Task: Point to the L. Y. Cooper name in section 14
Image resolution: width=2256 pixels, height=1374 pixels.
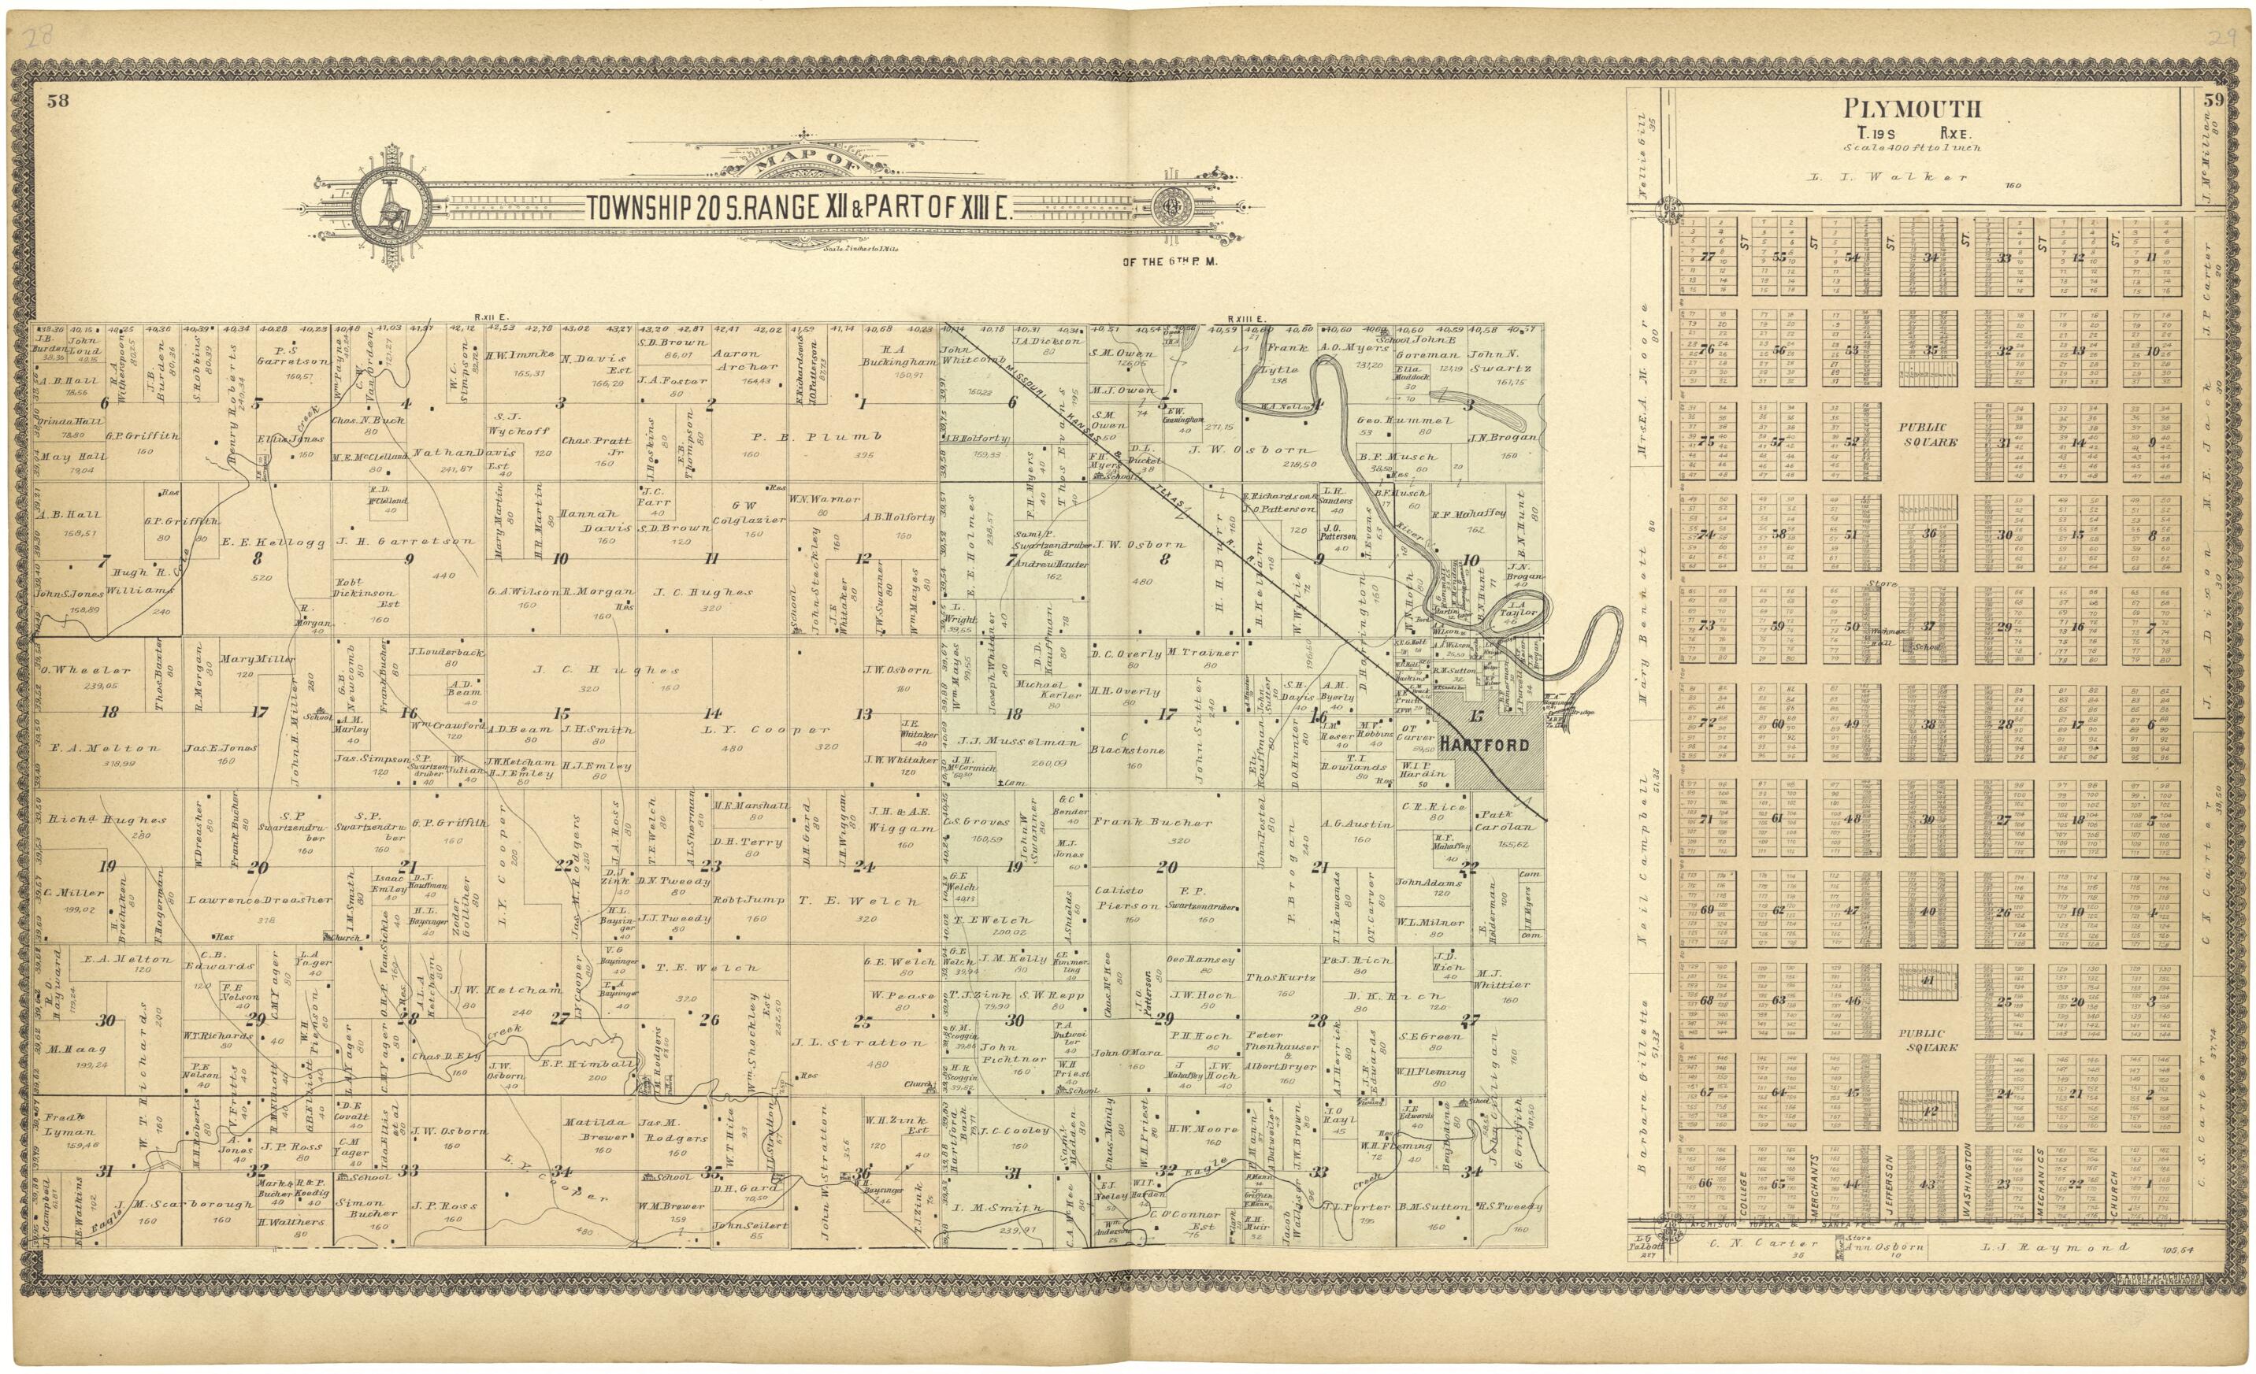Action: pyautogui.click(x=767, y=730)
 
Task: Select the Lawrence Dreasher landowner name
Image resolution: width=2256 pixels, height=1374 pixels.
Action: pyautogui.click(x=259, y=900)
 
